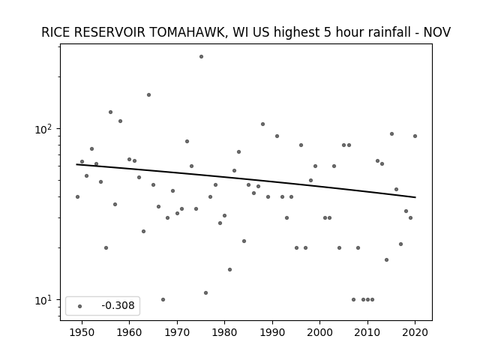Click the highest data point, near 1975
tap(201, 57)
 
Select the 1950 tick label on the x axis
tap(82, 332)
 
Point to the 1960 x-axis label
tap(129, 332)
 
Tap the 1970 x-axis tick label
tap(177, 332)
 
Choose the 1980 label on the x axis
tap(224, 332)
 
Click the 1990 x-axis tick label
tap(272, 332)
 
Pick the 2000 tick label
tap(319, 332)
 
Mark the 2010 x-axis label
tap(367, 332)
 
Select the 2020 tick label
tap(415, 332)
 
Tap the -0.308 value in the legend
tap(118, 305)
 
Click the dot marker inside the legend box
tap(79, 306)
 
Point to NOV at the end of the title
tap(436, 32)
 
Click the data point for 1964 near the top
tap(148, 95)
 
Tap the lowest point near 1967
tap(163, 299)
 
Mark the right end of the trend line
tap(415, 197)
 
